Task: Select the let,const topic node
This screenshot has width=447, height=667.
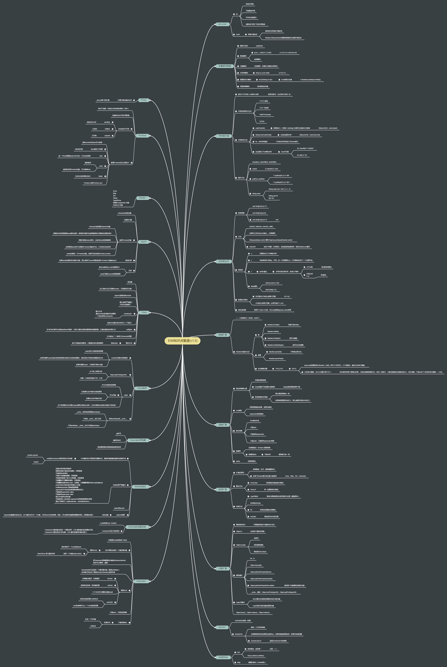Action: [222, 24]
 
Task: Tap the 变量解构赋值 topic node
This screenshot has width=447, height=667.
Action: [225, 66]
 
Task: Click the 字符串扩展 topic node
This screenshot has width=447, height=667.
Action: [223, 136]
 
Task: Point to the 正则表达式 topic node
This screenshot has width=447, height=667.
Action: [223, 261]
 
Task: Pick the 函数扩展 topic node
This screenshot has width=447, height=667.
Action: [223, 425]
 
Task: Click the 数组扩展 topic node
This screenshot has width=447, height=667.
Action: [223, 489]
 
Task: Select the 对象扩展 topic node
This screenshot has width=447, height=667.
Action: [223, 568]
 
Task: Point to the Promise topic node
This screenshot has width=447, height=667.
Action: [142, 136]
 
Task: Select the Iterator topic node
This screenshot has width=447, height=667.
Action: [142, 198]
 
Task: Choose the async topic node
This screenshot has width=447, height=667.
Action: [144, 242]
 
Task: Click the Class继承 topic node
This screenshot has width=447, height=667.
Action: [142, 388]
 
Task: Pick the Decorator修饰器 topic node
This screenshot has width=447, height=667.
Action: [138, 440]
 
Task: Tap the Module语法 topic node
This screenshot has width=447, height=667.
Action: [140, 487]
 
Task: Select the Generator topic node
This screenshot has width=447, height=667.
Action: [141, 581]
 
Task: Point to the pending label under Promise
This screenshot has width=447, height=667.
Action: [107, 122]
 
